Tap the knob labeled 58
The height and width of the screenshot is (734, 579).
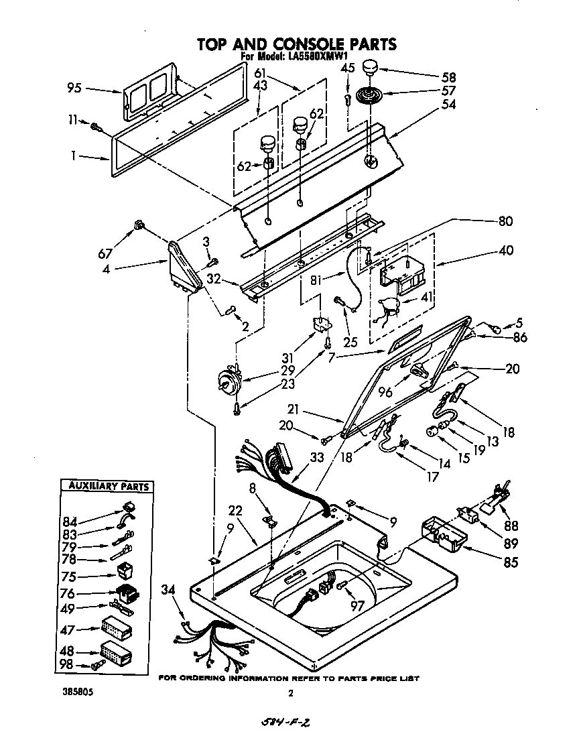(371, 68)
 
